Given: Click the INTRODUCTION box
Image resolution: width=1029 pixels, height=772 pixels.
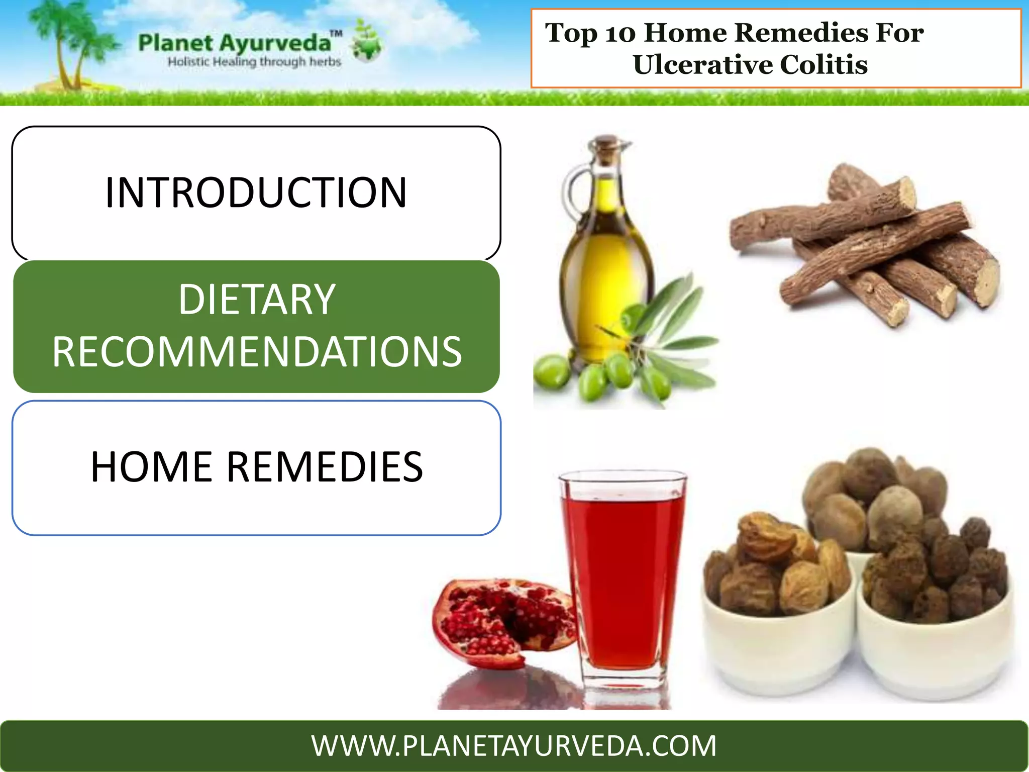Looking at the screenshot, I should coord(256,193).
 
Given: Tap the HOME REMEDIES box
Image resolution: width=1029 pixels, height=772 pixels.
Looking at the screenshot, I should coord(256,467).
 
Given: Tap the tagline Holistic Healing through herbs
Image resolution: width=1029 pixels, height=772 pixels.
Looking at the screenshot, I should coord(254,62).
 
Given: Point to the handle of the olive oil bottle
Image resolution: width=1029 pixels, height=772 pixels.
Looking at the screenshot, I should coord(573,191).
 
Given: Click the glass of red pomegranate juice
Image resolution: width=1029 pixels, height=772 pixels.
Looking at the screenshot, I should coord(623,573).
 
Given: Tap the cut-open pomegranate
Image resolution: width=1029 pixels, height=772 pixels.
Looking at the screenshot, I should coord(502,623).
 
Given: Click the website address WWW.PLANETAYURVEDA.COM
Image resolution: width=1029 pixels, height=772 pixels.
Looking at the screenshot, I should coord(514,746).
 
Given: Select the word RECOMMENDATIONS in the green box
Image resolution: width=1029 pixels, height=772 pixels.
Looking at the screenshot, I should coord(257,352).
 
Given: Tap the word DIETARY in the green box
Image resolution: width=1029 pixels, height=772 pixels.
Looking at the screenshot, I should coord(257,300).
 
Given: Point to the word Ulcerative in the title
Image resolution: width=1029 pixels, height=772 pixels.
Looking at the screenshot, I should coord(701,65).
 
